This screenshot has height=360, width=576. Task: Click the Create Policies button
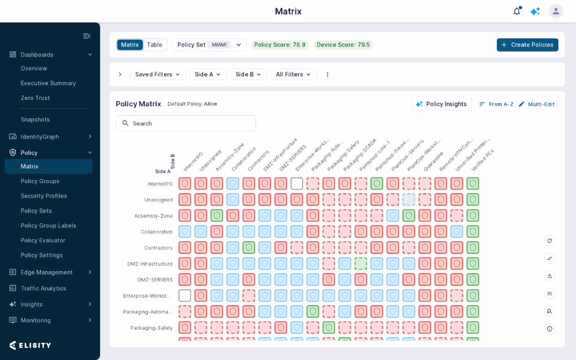pos(527,45)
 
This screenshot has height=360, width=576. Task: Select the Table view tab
pos(154,45)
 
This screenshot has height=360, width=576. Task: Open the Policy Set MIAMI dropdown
pos(209,45)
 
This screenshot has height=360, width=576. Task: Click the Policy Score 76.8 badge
pos(280,45)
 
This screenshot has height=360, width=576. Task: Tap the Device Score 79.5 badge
pos(343,45)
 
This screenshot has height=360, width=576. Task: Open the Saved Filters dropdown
pos(158,74)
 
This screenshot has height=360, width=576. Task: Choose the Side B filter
pos(248,74)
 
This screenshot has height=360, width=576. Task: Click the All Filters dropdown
pos(294,74)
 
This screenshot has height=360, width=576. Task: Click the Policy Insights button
pos(441,104)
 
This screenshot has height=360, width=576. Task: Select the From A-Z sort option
pos(496,104)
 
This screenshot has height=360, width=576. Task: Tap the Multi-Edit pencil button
pos(537,104)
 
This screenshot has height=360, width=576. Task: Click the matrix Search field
pos(186,123)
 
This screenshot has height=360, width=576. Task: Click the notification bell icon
pos(517,12)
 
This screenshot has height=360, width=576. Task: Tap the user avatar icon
pos(556,12)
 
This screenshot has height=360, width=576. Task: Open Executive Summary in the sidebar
pos(48,83)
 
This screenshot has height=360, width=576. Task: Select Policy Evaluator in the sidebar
pos(43,240)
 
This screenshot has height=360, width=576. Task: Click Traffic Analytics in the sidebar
pos(43,288)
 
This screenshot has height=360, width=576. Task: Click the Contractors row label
pos(158,248)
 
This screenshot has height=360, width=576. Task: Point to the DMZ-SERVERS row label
pos(155,280)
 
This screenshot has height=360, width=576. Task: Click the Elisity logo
pos(30,345)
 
